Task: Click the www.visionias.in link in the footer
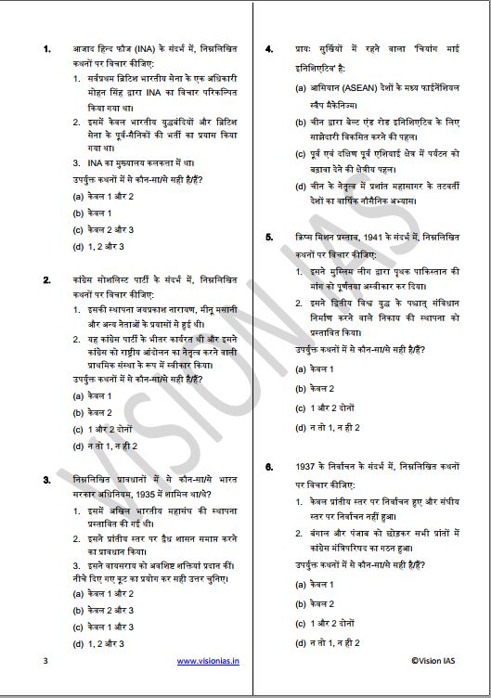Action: [208, 661]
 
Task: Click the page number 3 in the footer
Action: [45, 661]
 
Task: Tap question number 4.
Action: [268, 47]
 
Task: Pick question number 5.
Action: [268, 238]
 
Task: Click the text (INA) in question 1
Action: [158, 47]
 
